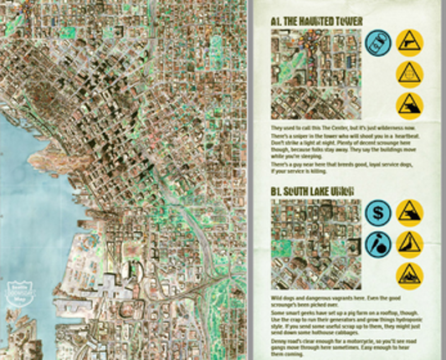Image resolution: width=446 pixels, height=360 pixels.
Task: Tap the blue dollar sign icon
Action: [x=377, y=213]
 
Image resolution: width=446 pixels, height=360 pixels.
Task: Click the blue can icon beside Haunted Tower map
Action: [x=377, y=43]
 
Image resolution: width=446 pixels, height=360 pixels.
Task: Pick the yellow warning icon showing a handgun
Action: [x=409, y=43]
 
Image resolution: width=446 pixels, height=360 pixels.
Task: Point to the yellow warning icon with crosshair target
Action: [x=409, y=75]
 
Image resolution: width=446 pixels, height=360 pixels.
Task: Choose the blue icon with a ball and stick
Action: [x=377, y=245]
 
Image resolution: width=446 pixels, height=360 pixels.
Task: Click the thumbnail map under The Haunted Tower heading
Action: [x=314, y=75]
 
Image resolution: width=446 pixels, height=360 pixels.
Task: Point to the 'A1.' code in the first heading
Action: [x=276, y=21]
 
